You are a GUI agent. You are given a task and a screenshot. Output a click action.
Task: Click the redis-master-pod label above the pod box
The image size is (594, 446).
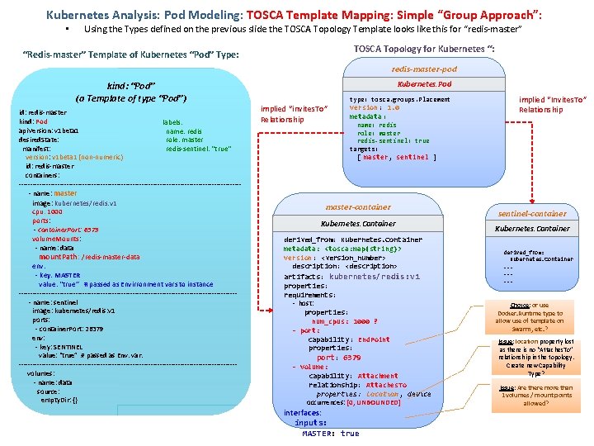(424, 69)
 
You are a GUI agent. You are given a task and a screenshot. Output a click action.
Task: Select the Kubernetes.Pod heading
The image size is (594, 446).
(424, 84)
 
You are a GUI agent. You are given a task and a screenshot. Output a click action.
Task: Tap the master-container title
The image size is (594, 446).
(358, 206)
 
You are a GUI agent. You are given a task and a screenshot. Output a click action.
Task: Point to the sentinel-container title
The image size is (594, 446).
(532, 213)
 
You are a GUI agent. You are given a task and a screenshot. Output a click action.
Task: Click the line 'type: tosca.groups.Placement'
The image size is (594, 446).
(400, 99)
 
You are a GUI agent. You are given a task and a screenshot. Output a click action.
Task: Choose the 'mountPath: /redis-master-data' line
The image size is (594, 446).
(89, 257)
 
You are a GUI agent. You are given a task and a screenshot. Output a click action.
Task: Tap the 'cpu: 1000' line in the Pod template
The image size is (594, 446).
(47, 211)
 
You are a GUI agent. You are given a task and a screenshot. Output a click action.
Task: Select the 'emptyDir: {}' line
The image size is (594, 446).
(59, 400)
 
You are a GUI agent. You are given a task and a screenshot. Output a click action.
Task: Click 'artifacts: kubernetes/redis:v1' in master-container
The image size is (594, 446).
(351, 277)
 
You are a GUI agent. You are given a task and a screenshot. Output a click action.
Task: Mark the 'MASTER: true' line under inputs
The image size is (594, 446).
(330, 434)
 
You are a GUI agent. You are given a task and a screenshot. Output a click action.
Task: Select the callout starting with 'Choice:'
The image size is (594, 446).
(529, 314)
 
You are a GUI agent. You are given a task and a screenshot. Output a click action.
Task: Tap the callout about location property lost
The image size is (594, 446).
(535, 357)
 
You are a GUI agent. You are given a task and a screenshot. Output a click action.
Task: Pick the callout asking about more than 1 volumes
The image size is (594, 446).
(535, 395)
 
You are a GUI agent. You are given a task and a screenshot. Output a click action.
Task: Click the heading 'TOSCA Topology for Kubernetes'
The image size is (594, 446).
(424, 49)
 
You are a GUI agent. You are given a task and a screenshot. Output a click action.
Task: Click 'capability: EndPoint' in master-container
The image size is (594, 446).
(349, 339)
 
